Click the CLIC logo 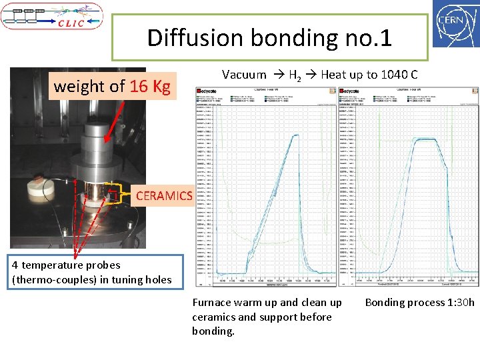[52, 16]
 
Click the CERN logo [455, 24]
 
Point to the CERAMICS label [163, 196]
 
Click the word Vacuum [244, 75]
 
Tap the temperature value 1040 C [399, 75]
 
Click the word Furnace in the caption [213, 303]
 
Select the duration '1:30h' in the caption [459, 303]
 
